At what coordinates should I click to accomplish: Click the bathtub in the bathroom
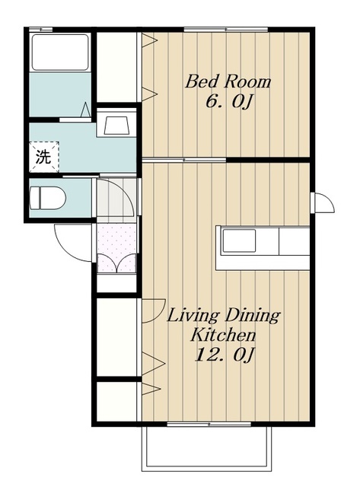61,53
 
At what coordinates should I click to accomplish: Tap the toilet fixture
47,198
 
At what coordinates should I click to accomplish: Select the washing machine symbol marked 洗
44,157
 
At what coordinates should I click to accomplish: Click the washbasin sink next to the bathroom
116,125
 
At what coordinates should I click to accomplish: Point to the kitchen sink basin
239,241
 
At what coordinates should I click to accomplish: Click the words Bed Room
228,81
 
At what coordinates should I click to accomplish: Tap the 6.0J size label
228,101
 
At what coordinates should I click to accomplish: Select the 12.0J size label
225,355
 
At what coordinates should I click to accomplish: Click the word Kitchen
223,335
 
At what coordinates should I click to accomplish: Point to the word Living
193,316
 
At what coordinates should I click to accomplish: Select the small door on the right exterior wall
323,203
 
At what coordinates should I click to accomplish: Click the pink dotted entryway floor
116,248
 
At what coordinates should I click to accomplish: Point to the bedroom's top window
226,30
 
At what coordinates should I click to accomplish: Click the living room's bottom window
209,424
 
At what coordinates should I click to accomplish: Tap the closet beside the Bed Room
116,66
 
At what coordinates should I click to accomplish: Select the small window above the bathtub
40,30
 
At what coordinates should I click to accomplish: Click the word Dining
252,316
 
